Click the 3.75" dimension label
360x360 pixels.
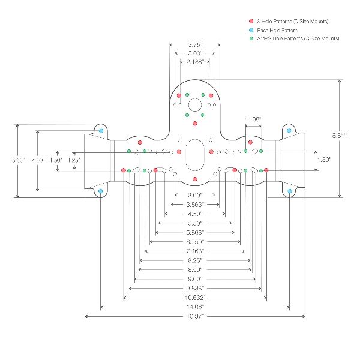194,44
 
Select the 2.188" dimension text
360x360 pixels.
194,61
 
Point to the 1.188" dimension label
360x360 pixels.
253,119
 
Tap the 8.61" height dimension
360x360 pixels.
339,136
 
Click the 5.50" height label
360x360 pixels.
19,160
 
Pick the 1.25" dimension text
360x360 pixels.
74,160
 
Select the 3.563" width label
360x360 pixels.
194,205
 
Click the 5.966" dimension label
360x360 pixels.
194,232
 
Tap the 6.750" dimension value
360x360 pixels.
194,241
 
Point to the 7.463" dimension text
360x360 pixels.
194,250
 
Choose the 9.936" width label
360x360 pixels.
194,288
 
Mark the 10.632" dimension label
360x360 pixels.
194,297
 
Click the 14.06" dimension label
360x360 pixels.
194,306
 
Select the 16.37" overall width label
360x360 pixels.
194,315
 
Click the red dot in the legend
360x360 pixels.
251,22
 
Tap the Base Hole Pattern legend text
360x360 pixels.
277,30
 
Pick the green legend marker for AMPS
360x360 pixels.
251,38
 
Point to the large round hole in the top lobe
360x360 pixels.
194,105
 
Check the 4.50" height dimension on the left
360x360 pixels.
38,160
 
